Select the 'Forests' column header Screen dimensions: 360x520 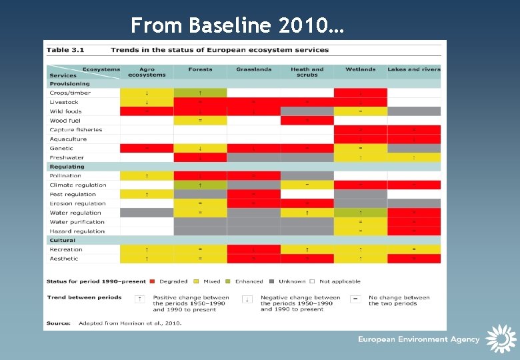200,69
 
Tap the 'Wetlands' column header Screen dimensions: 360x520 360,69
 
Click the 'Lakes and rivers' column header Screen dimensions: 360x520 413,69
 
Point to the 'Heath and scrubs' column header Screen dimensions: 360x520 307,72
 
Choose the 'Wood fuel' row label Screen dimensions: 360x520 66,121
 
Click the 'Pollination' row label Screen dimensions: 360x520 65,176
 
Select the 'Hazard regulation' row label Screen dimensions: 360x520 77,231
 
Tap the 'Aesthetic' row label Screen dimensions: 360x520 63,259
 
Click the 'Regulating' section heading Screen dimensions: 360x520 67,167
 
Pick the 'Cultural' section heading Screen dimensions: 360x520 62,240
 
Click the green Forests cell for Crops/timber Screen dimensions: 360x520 200,93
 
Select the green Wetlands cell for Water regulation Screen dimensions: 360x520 360,213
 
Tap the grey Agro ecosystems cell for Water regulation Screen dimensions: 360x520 147,213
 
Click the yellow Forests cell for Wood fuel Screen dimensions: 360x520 200,121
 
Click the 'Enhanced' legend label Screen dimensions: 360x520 249,281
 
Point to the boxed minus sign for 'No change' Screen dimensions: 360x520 355,299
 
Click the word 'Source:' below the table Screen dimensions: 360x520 58,323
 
